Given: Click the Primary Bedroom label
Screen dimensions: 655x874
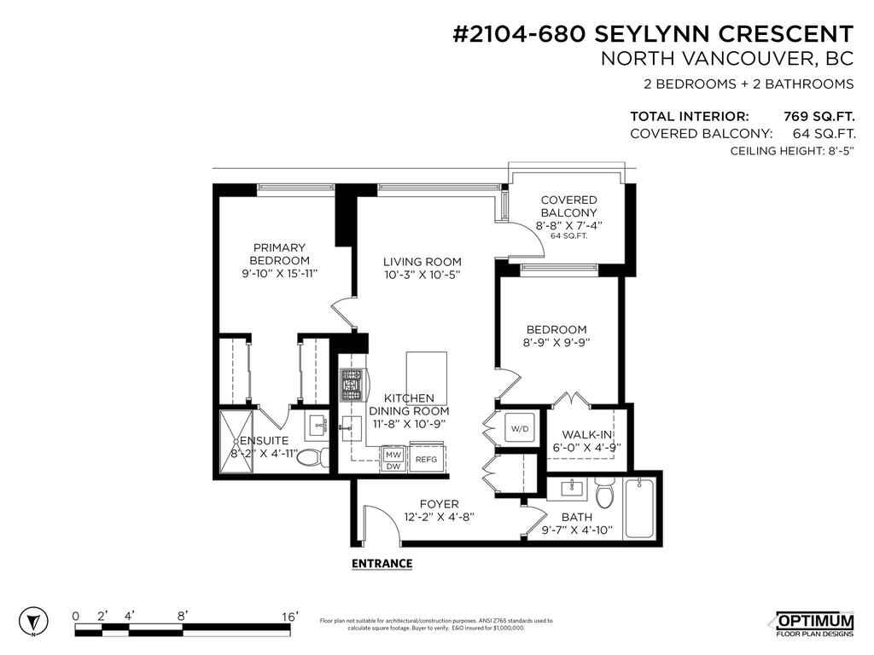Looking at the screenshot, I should click(x=279, y=253).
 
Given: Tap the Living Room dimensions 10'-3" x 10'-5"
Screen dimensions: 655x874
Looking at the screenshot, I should click(x=422, y=275).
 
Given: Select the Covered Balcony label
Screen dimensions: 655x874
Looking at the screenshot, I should click(x=568, y=206).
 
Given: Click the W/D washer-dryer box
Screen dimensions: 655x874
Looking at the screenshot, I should click(x=519, y=428).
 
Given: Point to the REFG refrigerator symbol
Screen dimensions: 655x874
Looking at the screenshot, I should click(x=426, y=458).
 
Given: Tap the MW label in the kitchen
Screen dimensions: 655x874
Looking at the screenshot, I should click(x=393, y=455).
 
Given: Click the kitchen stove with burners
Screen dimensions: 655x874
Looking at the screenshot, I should click(x=352, y=385).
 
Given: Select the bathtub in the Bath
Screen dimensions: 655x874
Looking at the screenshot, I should click(x=640, y=509).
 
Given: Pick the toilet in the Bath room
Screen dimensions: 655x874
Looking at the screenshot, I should click(x=605, y=494).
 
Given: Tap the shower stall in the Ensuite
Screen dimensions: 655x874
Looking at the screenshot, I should click(x=238, y=440).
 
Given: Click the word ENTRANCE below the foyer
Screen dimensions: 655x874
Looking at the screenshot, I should click(x=382, y=564).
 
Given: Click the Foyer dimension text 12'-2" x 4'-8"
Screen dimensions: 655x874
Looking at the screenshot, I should click(x=439, y=517).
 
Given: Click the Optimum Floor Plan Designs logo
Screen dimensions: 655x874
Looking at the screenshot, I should click(x=813, y=623).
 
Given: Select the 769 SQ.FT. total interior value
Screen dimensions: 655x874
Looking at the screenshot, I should click(x=819, y=117).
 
